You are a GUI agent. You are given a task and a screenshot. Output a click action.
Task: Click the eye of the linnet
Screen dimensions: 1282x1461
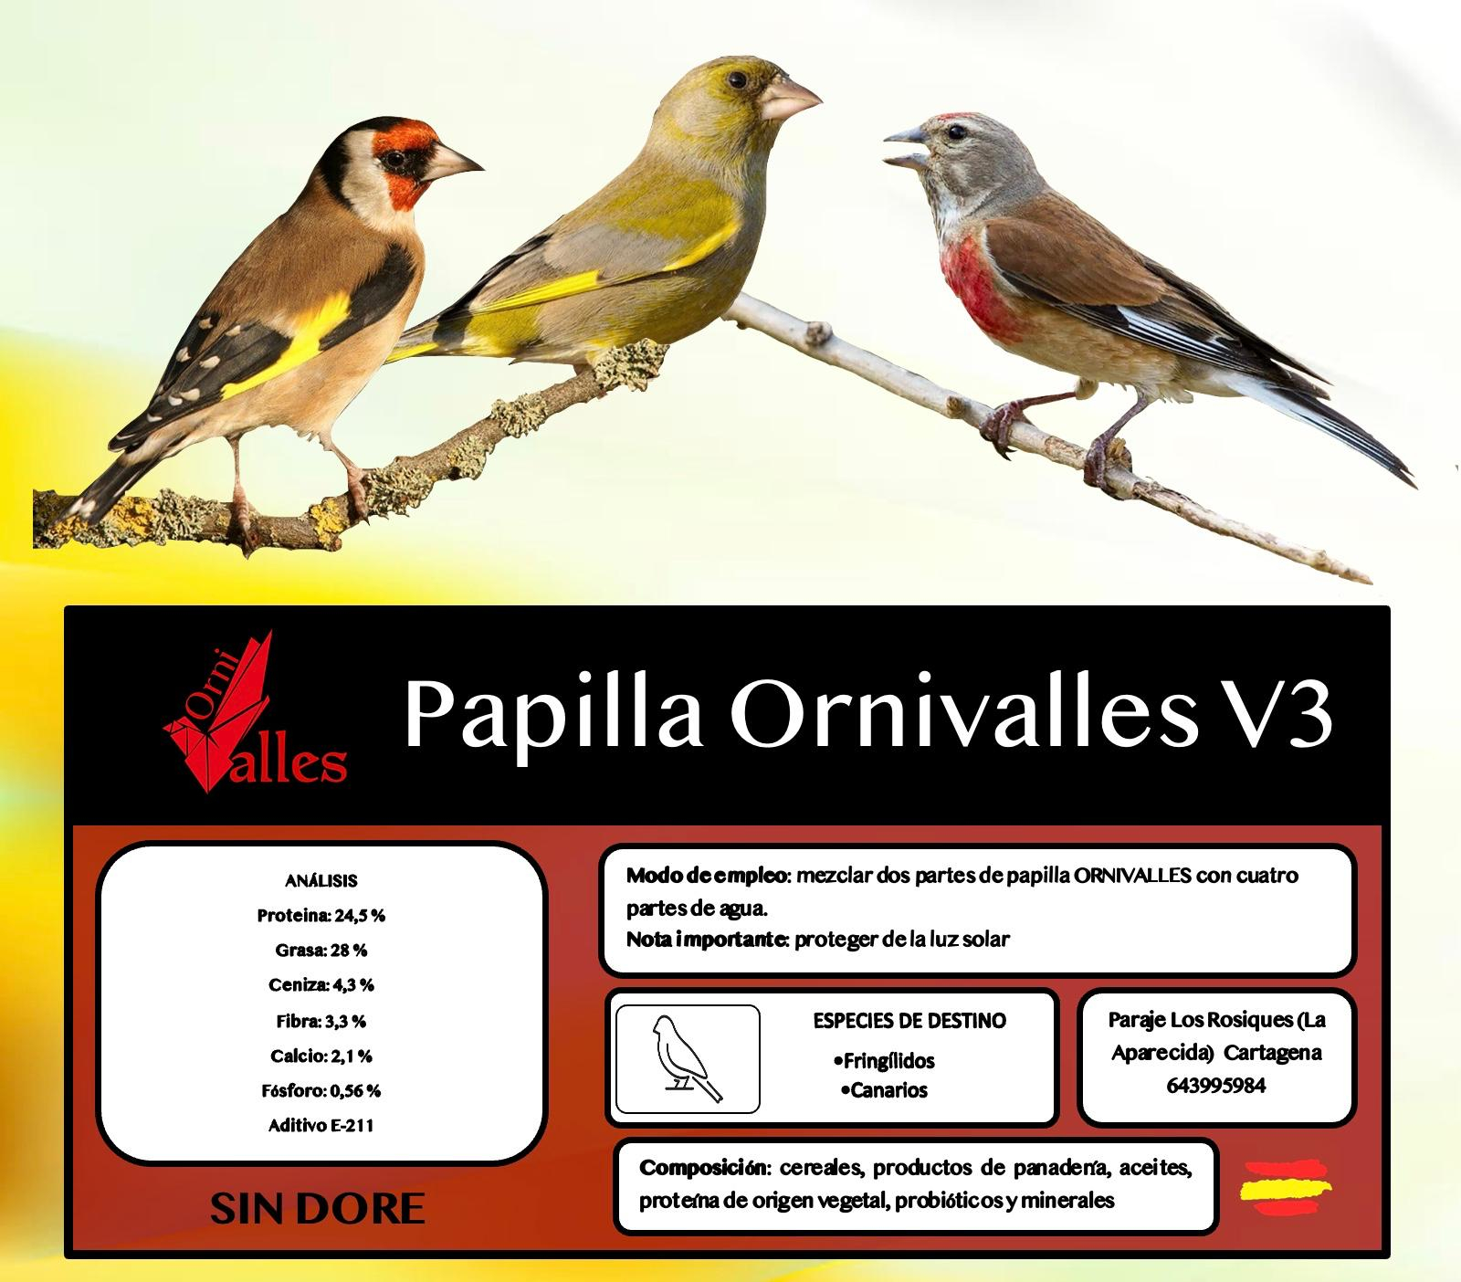coord(956,133)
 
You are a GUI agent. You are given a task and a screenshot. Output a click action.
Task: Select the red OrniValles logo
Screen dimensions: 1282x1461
coord(255,711)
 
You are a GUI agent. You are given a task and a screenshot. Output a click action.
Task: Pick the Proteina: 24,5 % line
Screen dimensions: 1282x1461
coord(321,915)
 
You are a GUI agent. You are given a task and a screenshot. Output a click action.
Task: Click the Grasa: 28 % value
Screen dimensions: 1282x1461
coord(321,950)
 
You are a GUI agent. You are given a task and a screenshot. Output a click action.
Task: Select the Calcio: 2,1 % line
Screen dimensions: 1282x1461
coord(321,1056)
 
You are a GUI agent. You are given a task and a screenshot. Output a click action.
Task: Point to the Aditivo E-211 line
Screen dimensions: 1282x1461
coord(321,1125)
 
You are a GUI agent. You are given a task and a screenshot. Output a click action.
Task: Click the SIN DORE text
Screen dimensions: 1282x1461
coord(318,1208)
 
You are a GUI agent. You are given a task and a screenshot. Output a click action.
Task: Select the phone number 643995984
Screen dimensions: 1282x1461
coord(1216,1086)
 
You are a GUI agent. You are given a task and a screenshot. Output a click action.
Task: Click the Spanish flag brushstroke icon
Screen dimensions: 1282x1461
coord(1285,1188)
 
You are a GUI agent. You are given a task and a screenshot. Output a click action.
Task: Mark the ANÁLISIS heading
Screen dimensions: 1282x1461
coord(321,881)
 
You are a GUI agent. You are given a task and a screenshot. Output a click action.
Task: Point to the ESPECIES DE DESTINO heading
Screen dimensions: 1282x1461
coord(909,1020)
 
